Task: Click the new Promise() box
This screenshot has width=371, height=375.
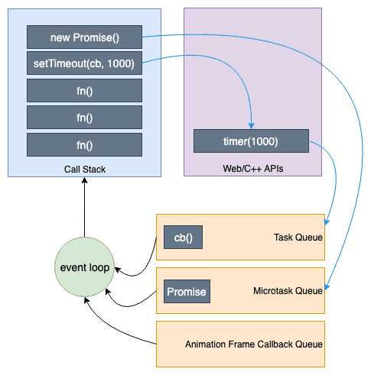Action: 84,37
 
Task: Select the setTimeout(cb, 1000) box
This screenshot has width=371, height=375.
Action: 84,63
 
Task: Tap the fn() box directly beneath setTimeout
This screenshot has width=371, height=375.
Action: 84,90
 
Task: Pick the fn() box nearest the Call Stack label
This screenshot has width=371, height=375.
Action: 84,144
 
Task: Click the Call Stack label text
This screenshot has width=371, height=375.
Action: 84,169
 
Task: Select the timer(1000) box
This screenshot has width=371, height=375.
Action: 251,141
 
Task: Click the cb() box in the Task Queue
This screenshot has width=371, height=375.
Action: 184,238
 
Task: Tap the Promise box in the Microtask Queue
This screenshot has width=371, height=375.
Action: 187,292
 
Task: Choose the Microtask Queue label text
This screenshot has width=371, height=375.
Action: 288,292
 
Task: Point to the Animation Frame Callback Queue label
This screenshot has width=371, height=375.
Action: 254,344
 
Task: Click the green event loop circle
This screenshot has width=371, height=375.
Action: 84,268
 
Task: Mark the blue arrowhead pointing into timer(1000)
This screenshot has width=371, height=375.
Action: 251,125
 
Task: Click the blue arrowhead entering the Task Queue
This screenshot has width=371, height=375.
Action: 327,222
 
